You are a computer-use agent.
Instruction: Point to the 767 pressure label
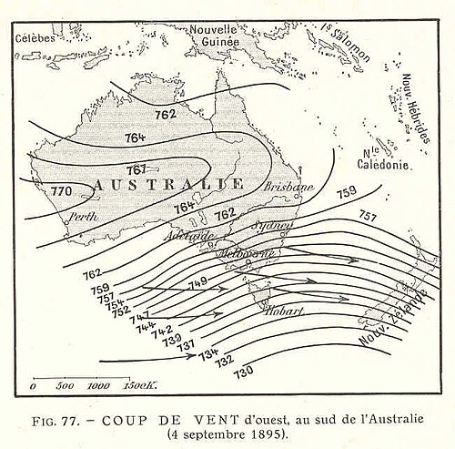click(x=137, y=170)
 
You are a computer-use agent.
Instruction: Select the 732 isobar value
click(x=225, y=362)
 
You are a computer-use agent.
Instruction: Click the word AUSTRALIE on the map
click(x=168, y=185)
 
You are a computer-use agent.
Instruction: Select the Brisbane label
click(x=288, y=187)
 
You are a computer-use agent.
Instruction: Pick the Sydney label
click(x=276, y=224)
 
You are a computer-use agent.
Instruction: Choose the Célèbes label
click(x=35, y=37)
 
